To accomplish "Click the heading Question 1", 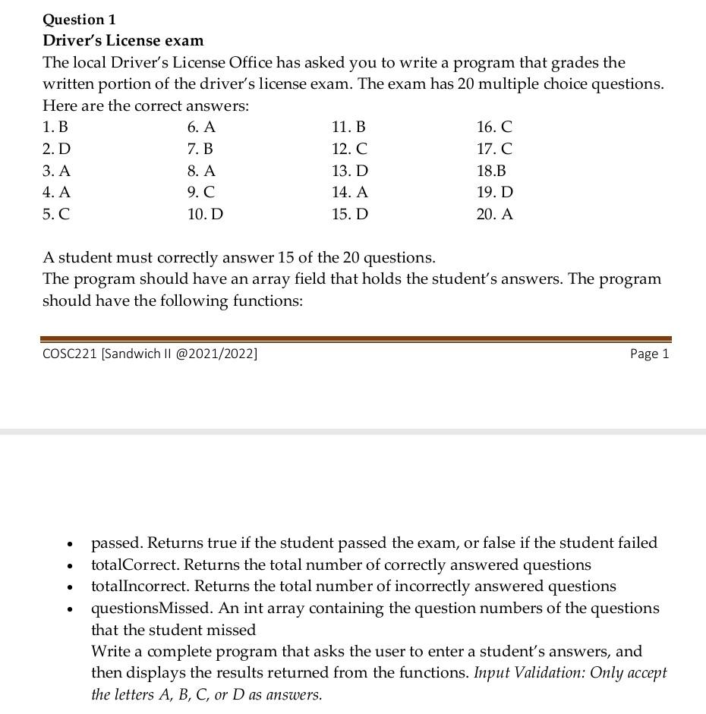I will coord(79,19).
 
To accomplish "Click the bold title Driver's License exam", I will coord(123,40).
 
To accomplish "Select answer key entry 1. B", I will coord(55,127).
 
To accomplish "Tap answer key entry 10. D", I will coord(205,214).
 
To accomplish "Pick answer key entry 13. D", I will coord(349,171).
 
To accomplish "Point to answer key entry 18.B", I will coord(491,171).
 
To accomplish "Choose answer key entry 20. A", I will coord(494,214).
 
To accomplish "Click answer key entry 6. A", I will coord(201,127).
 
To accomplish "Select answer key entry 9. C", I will coord(201,193).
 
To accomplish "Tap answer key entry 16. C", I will coord(494,127).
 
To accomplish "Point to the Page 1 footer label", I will coord(649,354).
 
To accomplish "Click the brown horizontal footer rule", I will coord(355,338).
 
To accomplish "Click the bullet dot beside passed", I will coord(70,544).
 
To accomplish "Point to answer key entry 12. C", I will coord(349,149).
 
